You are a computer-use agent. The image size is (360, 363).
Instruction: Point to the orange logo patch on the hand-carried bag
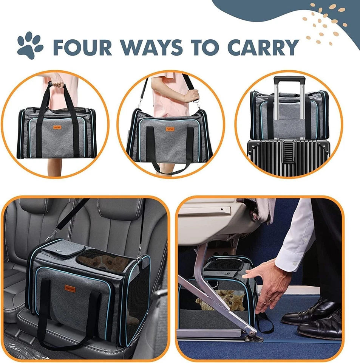coord(57,118)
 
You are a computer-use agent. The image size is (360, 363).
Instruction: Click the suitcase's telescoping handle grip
coord(290,80)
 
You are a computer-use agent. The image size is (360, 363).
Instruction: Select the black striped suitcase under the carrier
coord(288,158)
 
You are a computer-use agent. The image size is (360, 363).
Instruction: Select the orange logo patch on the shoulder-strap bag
coord(170,129)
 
